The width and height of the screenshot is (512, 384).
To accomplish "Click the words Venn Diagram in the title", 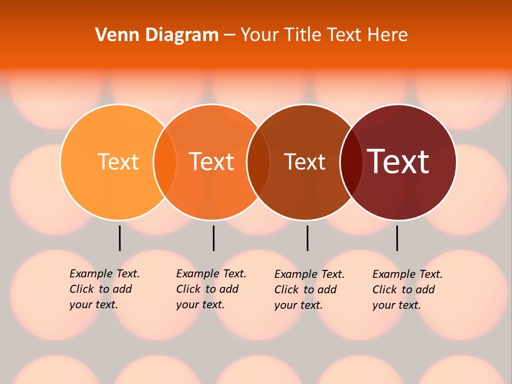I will coord(157,35).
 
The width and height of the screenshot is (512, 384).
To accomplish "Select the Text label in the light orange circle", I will coord(118,162).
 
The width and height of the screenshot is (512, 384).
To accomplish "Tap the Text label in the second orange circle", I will coord(211,162).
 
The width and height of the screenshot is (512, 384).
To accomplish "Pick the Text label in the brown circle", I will coord(305,162).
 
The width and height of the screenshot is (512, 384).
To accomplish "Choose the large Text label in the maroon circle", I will coord(398,161).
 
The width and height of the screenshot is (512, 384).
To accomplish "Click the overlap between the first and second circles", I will coord(165,162).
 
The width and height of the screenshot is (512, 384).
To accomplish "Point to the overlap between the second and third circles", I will coord(258,162).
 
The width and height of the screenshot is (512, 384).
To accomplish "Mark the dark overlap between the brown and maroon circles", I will coord(351,162).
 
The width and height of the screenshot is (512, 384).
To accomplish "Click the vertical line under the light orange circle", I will coord(120,238).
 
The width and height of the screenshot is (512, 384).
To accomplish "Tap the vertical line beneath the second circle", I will coord(213,238).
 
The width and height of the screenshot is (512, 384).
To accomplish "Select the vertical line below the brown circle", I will coord(307,238).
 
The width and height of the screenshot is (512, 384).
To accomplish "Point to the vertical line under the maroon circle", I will coord(397,238).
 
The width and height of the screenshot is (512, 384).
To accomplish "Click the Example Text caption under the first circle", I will coord(104,289).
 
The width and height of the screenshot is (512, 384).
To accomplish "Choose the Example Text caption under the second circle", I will coord(211,289).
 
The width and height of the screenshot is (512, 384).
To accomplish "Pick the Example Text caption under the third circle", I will coord(309,290).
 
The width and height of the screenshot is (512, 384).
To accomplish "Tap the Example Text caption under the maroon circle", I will coord(407,290).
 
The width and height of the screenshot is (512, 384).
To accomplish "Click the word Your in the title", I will coord(260,35).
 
